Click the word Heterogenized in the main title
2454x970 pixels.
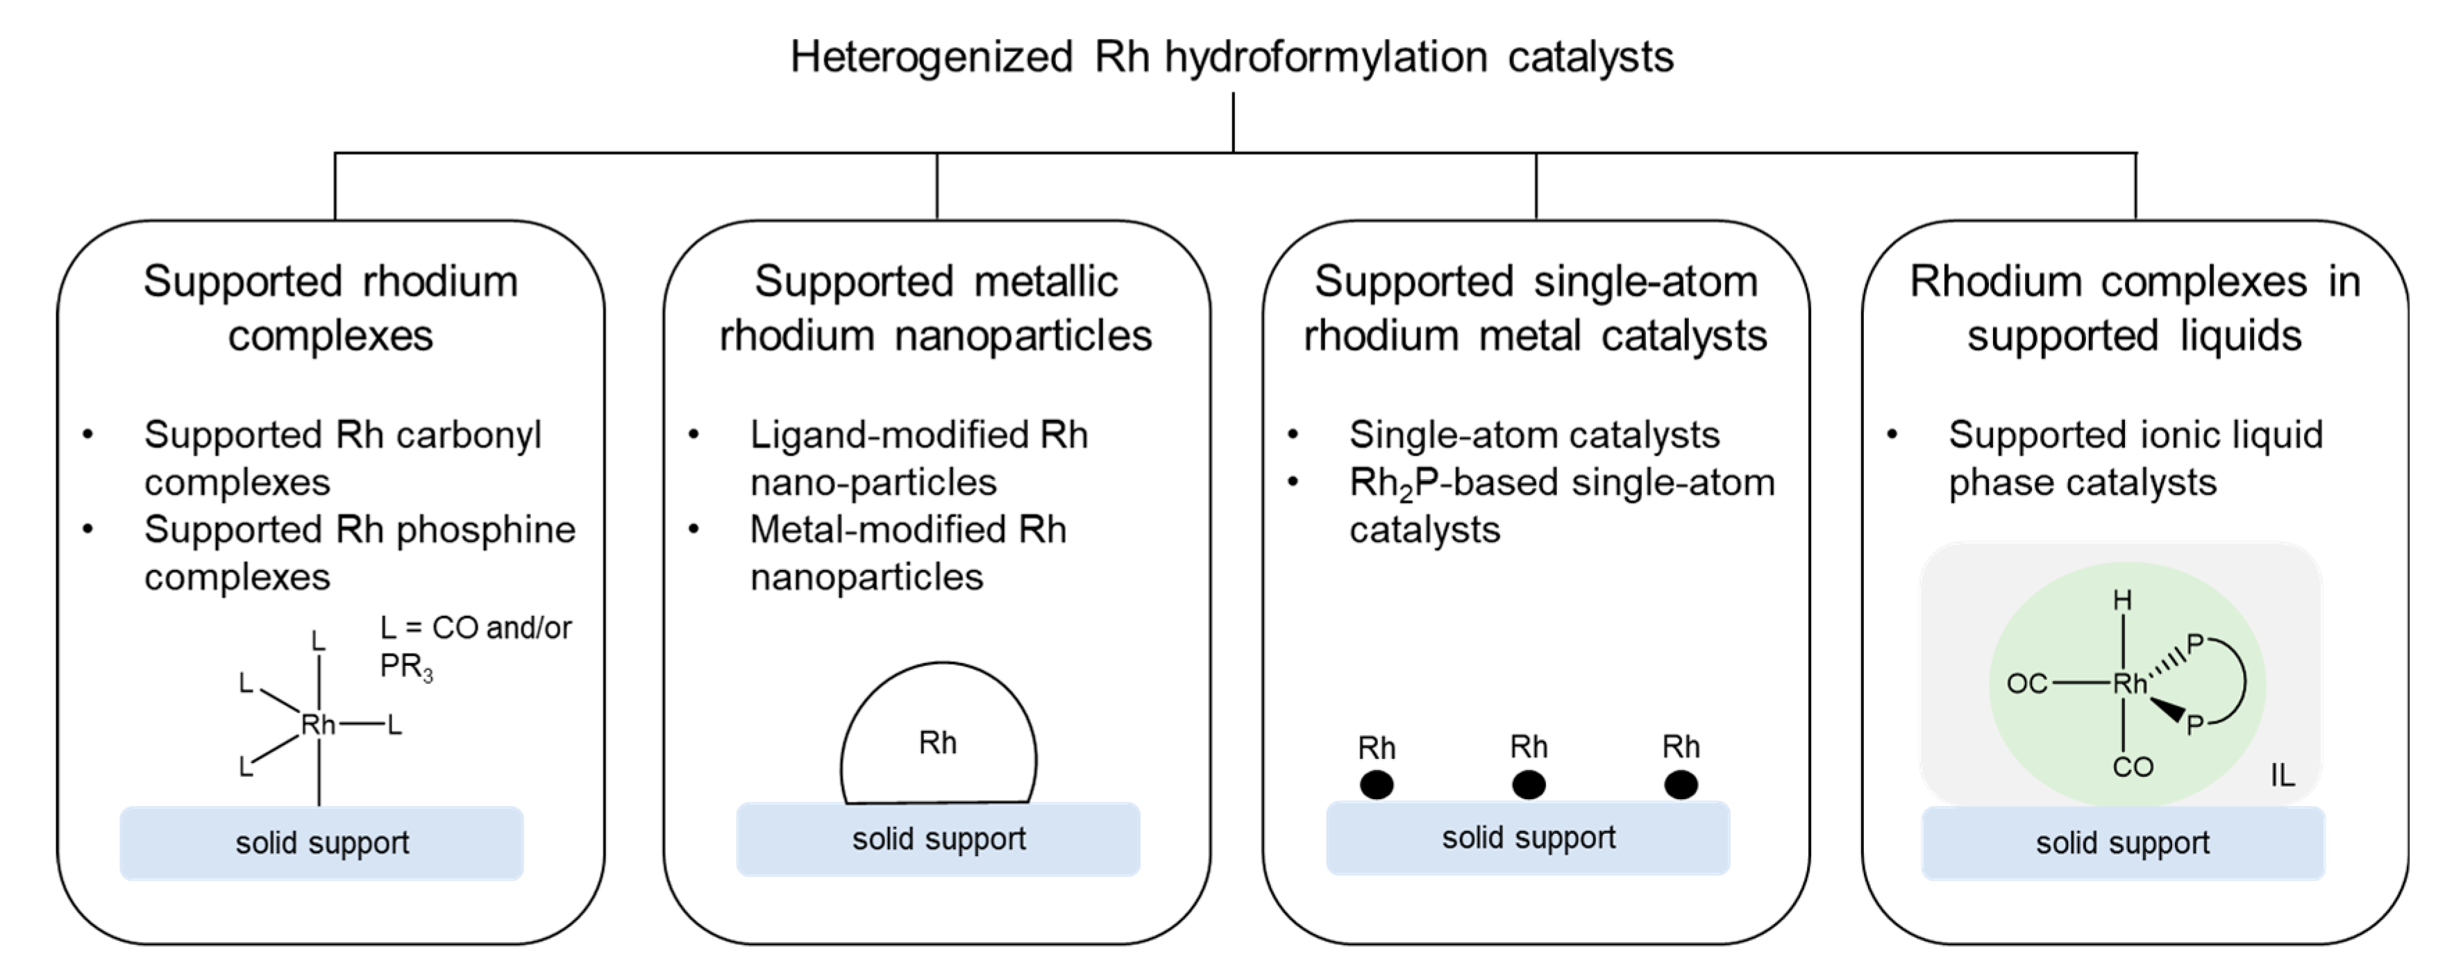[x=931, y=57]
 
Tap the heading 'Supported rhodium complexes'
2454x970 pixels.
[x=330, y=308]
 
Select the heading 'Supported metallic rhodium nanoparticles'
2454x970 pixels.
[x=936, y=308]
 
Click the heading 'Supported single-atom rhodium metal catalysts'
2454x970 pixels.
[x=1535, y=308]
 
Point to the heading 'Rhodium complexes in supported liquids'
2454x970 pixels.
[x=2134, y=308]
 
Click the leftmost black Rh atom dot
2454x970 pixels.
[x=1376, y=785]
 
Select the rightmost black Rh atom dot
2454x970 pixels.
[x=1681, y=785]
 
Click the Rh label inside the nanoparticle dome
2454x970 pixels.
[x=937, y=743]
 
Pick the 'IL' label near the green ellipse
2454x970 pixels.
[x=2283, y=776]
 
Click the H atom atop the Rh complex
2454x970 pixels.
[x=2122, y=601]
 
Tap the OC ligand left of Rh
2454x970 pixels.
[x=2026, y=684]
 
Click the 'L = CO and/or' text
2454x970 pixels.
[x=476, y=628]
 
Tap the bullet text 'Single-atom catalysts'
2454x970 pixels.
[x=1533, y=435]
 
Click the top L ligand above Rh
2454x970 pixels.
[x=318, y=642]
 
